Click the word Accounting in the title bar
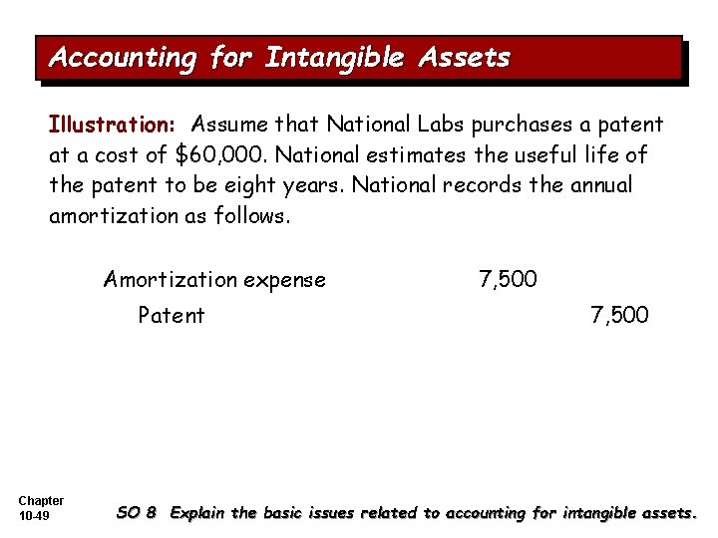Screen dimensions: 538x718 pyautogui.click(x=123, y=58)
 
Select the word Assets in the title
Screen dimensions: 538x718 pyautogui.click(x=465, y=58)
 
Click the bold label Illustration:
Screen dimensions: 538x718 pyautogui.click(x=113, y=126)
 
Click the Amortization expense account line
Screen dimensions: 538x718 pyautogui.click(x=214, y=280)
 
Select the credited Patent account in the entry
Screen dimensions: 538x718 pyautogui.click(x=172, y=316)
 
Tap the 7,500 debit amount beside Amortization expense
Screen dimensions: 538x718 pyautogui.click(x=508, y=280)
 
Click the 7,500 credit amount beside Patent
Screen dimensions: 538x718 pyautogui.click(x=619, y=316)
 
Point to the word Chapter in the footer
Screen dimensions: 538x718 pyautogui.click(x=41, y=500)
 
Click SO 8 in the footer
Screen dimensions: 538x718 pyautogui.click(x=137, y=513)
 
